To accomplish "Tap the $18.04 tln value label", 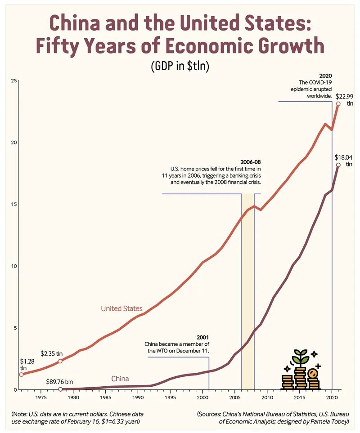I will [x=344, y=161].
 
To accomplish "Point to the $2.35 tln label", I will [x=51, y=353].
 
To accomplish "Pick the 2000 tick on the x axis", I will [x=202, y=397].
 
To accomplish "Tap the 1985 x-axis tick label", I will [x=105, y=397].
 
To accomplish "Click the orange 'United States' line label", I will [x=121, y=308].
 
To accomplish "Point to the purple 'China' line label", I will [x=120, y=379].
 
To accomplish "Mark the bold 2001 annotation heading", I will [x=203, y=337].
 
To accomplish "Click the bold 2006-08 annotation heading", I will [x=250, y=162].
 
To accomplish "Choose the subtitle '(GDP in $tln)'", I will [x=180, y=66].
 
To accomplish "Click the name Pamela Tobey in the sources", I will [x=330, y=421].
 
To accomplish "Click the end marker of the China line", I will [x=338, y=165].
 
